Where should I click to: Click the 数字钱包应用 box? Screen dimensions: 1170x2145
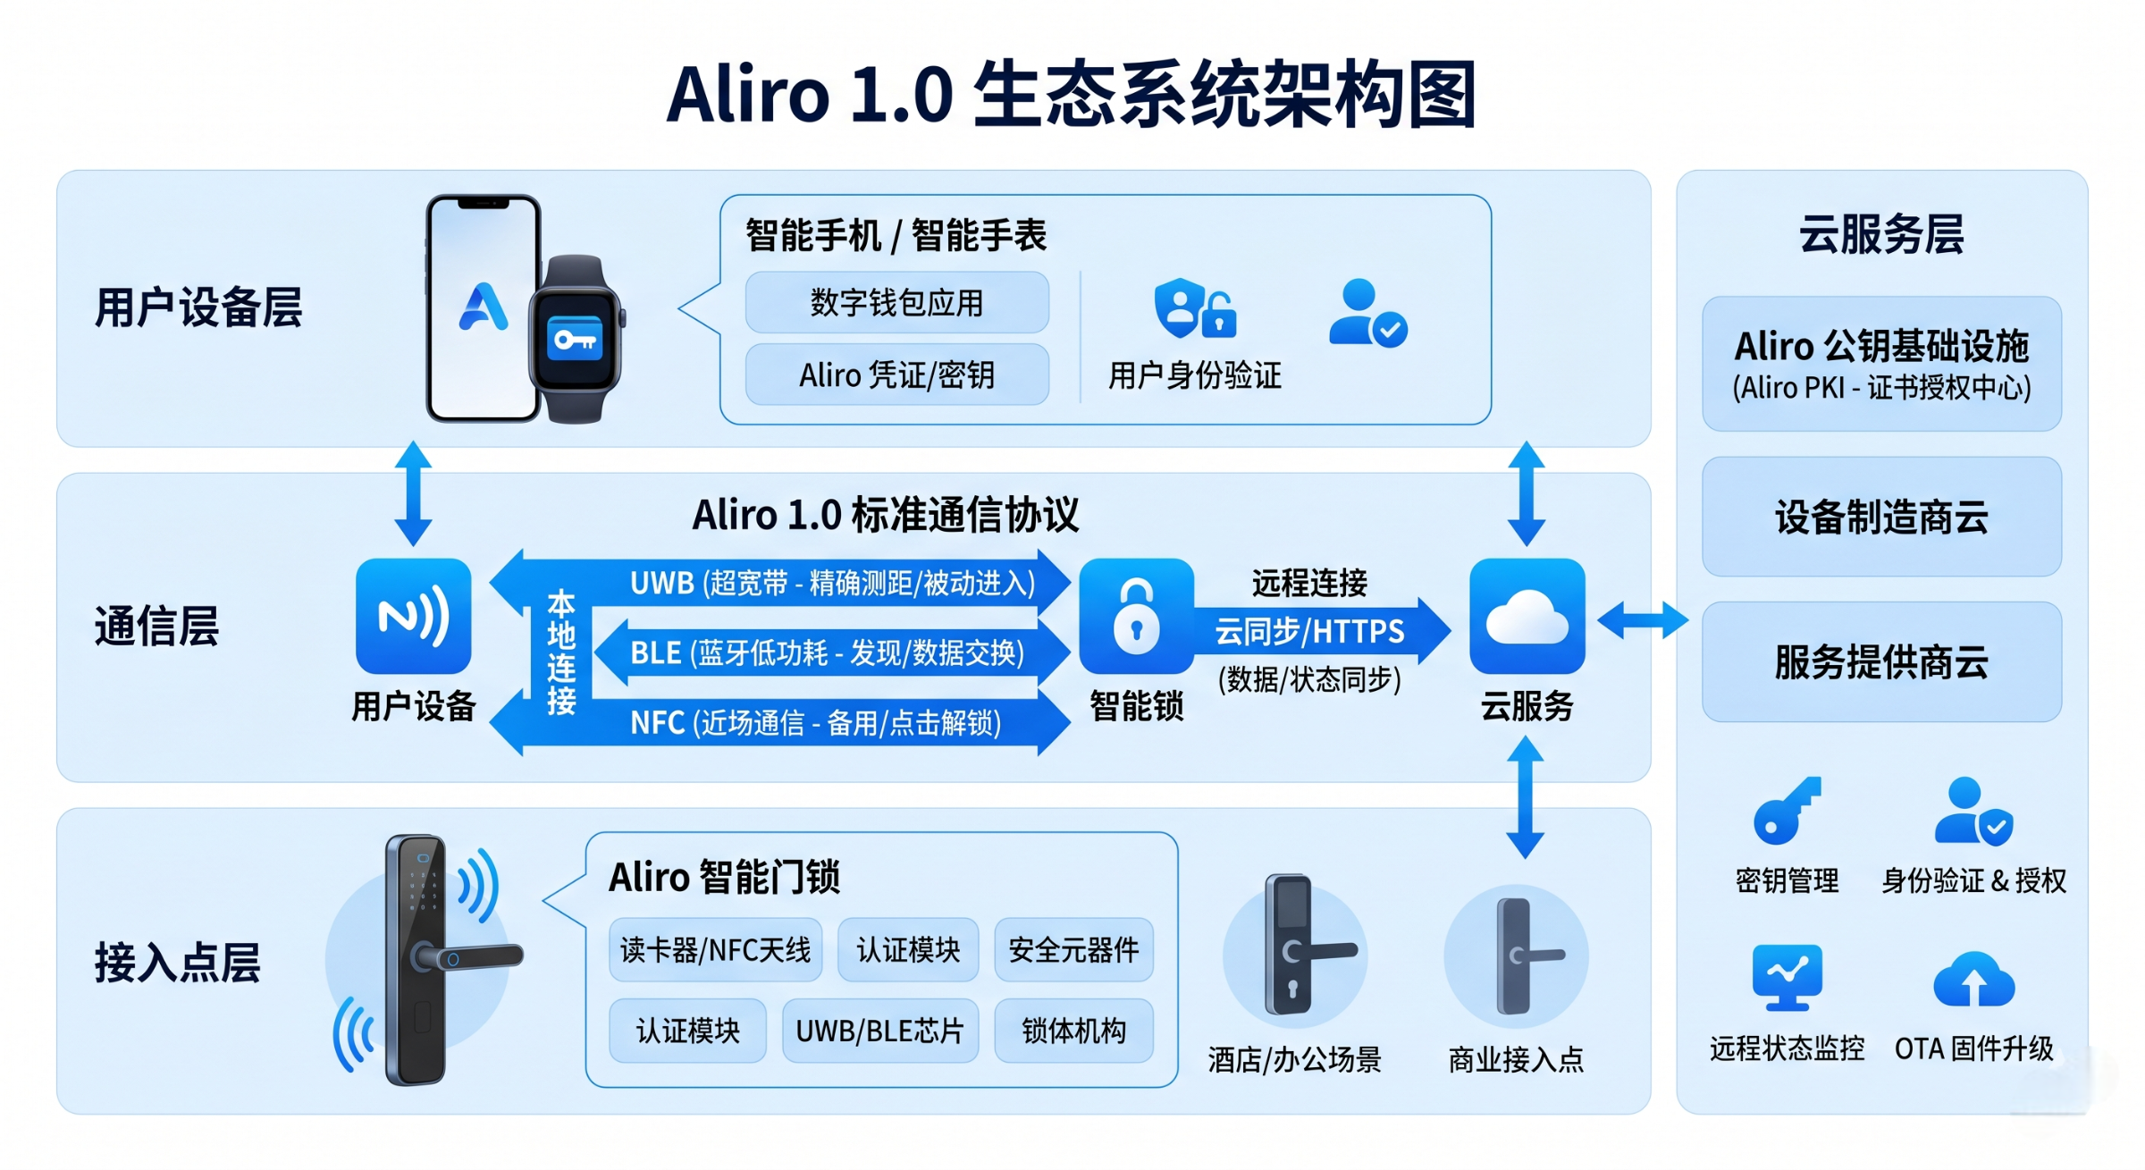pos(896,302)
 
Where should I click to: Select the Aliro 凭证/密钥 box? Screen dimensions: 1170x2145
pos(896,375)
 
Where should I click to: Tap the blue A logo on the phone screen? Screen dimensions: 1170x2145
pos(484,307)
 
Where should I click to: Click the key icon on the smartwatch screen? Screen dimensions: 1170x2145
pos(576,340)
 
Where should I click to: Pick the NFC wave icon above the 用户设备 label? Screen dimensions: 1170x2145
pos(413,616)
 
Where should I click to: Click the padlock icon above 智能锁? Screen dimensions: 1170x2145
pos(1136,616)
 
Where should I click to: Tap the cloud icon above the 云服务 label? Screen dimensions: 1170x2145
pos(1527,616)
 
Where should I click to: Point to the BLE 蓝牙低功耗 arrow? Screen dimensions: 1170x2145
pos(827,652)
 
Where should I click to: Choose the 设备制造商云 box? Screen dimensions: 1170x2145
pos(1881,517)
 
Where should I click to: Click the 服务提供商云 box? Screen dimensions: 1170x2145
pos(1881,661)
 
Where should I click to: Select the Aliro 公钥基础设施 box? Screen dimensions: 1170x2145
pos(1881,364)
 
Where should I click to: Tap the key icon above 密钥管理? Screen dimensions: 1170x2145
pos(1786,812)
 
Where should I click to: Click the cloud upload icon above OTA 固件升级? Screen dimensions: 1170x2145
pos(1973,981)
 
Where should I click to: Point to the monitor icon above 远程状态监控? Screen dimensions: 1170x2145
pos(1787,976)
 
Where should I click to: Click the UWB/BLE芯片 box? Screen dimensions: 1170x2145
pos(879,1031)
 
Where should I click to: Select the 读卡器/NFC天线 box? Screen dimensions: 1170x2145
pos(715,949)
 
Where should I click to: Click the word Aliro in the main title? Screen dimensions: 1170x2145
pos(747,95)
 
